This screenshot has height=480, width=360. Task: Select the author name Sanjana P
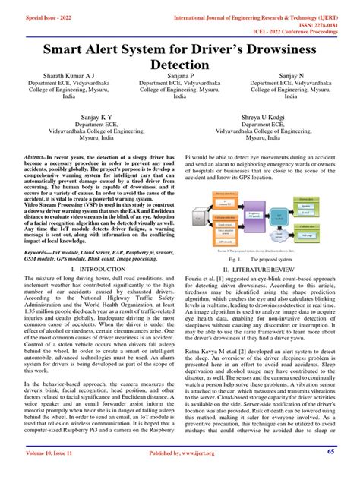[180, 77]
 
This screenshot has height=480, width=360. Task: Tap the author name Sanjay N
[294, 77]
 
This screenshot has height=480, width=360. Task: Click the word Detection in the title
[180, 65]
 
